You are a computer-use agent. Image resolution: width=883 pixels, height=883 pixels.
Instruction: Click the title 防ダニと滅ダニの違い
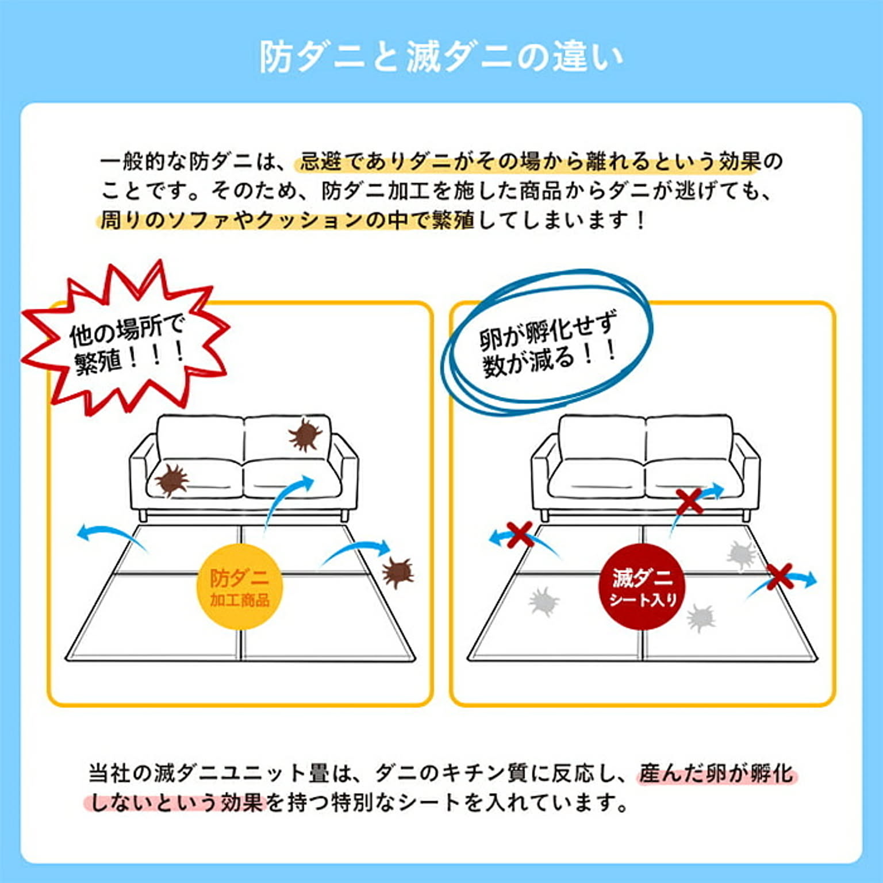pyautogui.click(x=441, y=57)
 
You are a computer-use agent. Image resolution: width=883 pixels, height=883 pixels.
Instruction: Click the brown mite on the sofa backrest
pyautogui.click(x=305, y=435)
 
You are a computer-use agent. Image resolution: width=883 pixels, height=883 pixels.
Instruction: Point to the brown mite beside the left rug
pyautogui.click(x=398, y=573)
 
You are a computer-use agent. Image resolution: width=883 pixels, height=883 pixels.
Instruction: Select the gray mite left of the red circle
pyautogui.click(x=543, y=601)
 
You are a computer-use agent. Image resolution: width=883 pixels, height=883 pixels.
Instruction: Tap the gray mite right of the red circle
pyautogui.click(x=701, y=618)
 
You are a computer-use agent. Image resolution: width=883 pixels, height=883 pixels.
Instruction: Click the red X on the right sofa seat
pyautogui.click(x=690, y=501)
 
